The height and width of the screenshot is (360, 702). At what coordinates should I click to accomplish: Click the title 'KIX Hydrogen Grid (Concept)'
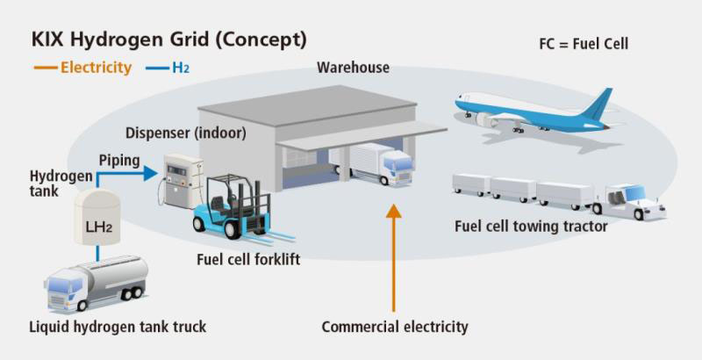[169, 40]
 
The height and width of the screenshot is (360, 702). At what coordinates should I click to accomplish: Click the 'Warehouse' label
[353, 68]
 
